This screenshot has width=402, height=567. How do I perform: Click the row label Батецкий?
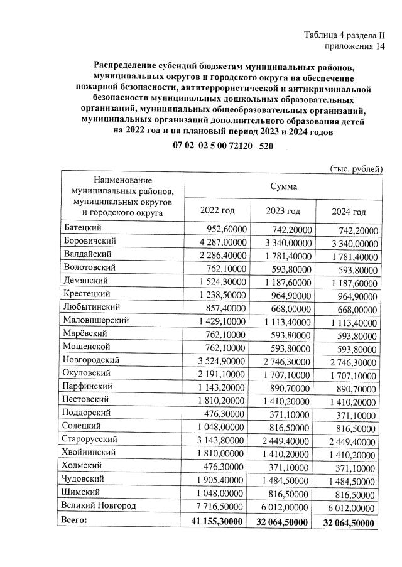click(84, 229)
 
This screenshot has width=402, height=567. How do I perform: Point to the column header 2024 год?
click(349, 212)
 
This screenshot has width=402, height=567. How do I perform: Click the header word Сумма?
click(284, 186)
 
